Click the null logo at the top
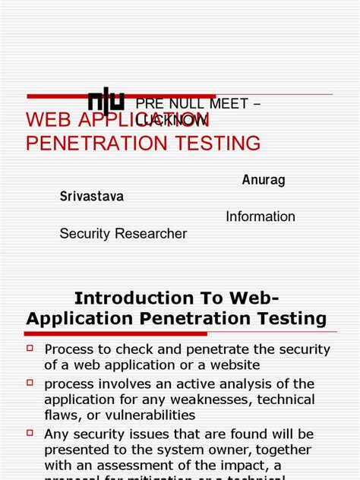click(x=106, y=102)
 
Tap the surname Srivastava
click(x=91, y=196)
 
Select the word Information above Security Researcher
click(x=261, y=216)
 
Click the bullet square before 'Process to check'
click(x=30, y=348)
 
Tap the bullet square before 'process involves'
click(x=30, y=382)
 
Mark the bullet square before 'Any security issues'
click(x=30, y=432)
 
